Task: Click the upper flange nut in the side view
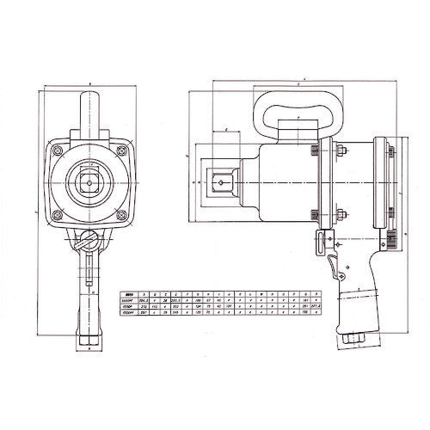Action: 337,155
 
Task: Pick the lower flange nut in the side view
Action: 337,215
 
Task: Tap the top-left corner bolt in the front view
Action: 58,149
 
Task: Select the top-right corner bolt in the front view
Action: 124,149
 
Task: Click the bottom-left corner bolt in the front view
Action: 58,216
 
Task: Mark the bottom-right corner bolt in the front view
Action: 124,216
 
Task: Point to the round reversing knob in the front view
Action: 89,240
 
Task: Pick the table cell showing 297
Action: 142,311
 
